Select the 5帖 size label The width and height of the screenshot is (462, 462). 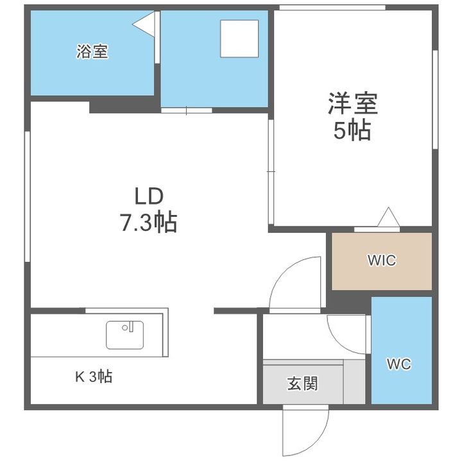pyautogui.click(x=352, y=131)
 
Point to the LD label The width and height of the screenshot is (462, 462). pyautogui.click(x=149, y=195)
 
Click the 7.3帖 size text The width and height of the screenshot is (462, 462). pyautogui.click(x=148, y=223)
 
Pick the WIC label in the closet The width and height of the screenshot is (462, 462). pyautogui.click(x=381, y=261)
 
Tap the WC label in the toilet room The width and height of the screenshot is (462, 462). pyautogui.click(x=398, y=364)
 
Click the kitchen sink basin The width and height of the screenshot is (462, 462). pyautogui.click(x=124, y=334)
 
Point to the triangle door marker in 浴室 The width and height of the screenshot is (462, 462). pyautogui.click(x=145, y=25)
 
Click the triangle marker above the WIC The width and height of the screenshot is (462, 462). pyautogui.click(x=388, y=218)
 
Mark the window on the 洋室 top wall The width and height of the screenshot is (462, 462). pyautogui.click(x=332, y=8)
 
